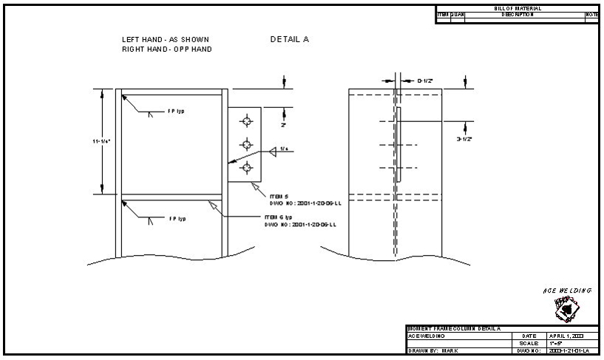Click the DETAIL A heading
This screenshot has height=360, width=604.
pyautogui.click(x=290, y=39)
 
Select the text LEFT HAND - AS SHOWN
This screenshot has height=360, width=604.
pyautogui.click(x=166, y=39)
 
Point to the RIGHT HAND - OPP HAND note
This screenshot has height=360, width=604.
pyautogui.click(x=167, y=50)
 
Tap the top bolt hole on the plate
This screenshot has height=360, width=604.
pyautogui.click(x=246, y=120)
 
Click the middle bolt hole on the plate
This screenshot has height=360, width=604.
pyautogui.click(x=246, y=143)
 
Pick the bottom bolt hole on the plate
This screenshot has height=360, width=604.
pyautogui.click(x=246, y=167)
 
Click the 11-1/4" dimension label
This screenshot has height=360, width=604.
pyautogui.click(x=101, y=140)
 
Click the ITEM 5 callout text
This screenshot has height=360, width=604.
pyautogui.click(x=273, y=196)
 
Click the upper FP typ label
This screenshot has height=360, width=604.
pyautogui.click(x=176, y=112)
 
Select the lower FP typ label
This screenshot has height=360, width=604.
pyautogui.click(x=176, y=219)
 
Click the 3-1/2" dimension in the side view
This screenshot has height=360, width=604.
pyautogui.click(x=464, y=138)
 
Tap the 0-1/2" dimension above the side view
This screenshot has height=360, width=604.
pyautogui.click(x=425, y=81)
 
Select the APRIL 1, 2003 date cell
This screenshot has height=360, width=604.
pyautogui.click(x=566, y=336)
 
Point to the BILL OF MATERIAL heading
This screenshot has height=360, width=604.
pyautogui.click(x=518, y=8)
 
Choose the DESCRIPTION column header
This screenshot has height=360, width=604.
pyautogui.click(x=518, y=14)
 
